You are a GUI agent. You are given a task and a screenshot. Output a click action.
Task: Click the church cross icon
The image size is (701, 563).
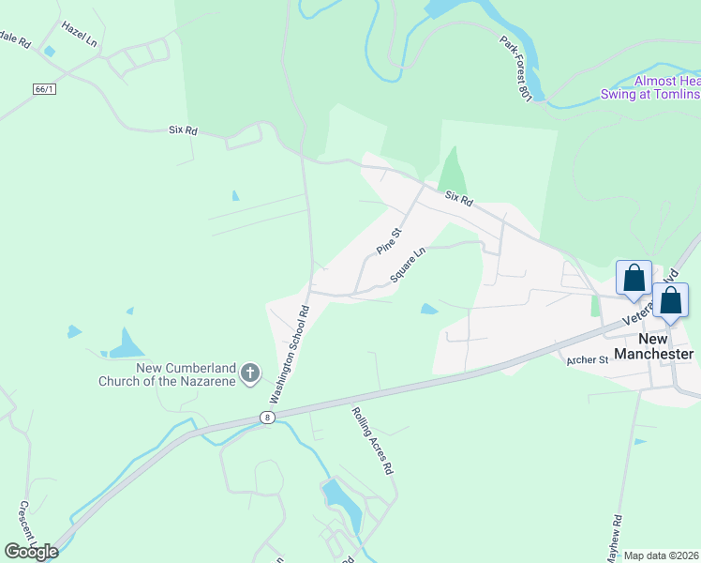tap(250, 374)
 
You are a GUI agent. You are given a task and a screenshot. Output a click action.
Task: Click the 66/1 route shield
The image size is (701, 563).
tap(44, 88)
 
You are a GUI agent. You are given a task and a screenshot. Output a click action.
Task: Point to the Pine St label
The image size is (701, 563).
tap(389, 241)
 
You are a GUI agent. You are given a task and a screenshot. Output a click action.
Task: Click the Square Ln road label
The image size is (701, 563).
tap(408, 265)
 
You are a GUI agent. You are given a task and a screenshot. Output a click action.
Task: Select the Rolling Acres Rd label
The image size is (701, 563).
tap(371, 440)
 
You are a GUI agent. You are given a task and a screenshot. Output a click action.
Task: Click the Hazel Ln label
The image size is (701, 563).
tap(80, 36)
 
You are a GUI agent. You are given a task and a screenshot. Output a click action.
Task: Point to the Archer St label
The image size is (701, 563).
tap(589, 359)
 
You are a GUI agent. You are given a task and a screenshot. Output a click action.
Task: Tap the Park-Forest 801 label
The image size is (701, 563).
tap(515, 69)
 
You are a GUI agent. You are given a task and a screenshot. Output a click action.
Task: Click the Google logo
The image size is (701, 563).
tap(31, 552)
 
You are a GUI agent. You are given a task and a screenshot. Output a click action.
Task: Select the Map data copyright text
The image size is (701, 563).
tap(662, 555)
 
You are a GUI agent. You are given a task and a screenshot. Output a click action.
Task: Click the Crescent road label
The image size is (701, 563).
tap(25, 525)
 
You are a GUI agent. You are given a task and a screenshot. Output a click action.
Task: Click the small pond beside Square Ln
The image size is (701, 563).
tap(428, 309)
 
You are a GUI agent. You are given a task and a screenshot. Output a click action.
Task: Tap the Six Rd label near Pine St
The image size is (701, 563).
tap(459, 198)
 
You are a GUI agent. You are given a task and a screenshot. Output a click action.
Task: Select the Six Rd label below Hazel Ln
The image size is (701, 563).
tap(183, 131)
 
